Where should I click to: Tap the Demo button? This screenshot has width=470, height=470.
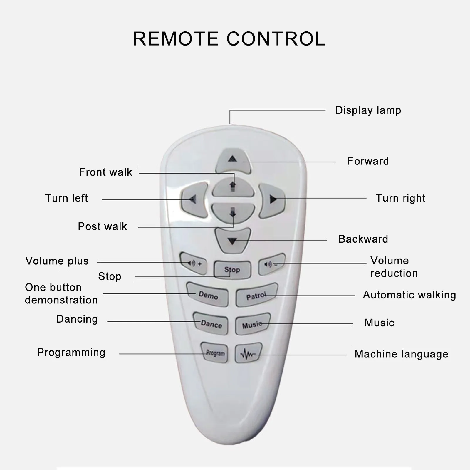pos(208,295)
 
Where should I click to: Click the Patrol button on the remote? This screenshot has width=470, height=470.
pos(256,296)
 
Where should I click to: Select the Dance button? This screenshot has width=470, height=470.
pos(211,324)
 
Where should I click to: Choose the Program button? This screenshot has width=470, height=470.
pos(215,353)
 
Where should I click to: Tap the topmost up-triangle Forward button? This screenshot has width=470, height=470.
pos(233,161)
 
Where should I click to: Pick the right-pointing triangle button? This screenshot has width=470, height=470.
pos(272,200)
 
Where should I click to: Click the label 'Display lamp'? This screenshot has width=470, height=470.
pos(368,110)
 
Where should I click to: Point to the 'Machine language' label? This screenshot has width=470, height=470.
pos(401,354)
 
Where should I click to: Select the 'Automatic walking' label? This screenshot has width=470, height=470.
pos(409,295)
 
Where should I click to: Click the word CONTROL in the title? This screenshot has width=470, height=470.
pos(276,39)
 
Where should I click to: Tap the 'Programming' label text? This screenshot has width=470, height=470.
pos(71,352)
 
